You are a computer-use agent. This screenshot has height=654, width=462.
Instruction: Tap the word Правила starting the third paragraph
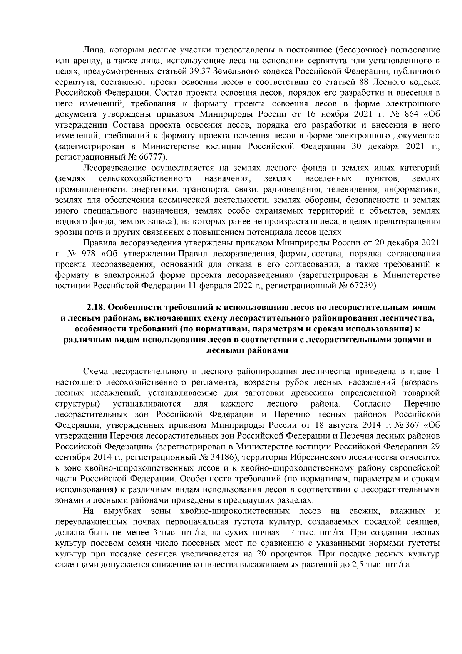coord(97,243)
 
